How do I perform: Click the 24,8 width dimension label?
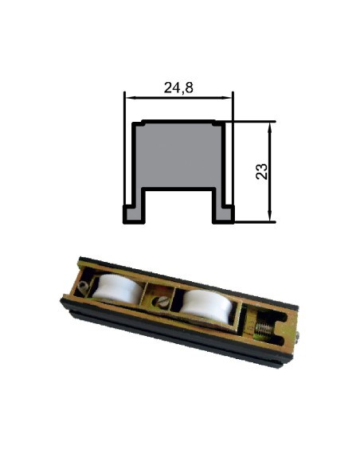[x=178, y=88]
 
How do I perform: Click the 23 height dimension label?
[x=261, y=171]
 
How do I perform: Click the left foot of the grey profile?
[x=134, y=214]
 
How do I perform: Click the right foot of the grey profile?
[x=223, y=214]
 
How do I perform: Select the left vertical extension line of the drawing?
[x=124, y=148]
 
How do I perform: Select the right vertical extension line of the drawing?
[x=233, y=148]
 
